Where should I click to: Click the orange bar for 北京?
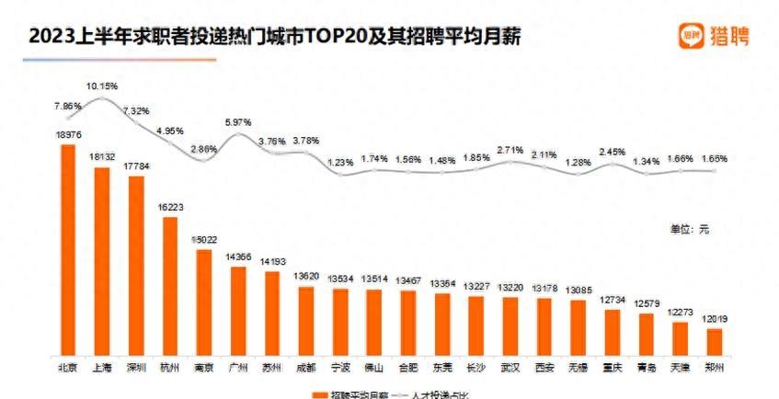click(67, 249)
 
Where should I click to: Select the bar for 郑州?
click(714, 341)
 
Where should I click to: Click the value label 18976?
click(67, 134)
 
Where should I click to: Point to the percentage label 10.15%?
click(101, 85)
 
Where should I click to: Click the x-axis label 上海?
click(101, 368)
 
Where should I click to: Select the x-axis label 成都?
click(305, 368)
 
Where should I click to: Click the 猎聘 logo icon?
click(692, 36)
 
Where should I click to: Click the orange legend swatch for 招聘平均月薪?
click(315, 394)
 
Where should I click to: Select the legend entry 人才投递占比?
click(431, 394)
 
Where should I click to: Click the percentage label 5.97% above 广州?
click(237, 122)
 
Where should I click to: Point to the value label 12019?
click(714, 318)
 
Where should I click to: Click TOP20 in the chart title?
click(349, 38)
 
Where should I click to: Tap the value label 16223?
click(169, 208)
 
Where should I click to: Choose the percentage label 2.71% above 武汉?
click(510, 148)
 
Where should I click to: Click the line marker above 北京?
click(67, 118)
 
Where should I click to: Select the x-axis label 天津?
click(680, 368)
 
